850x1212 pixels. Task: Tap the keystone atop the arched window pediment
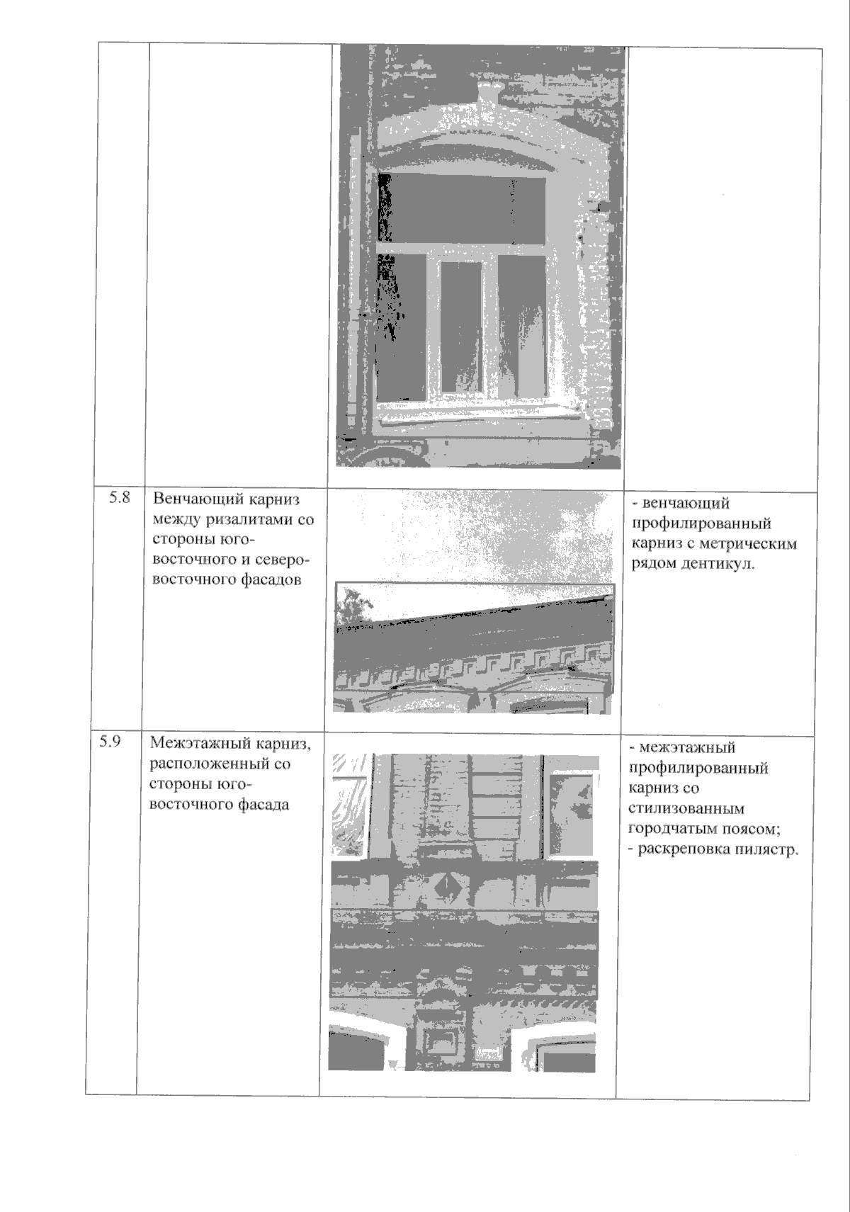click(x=488, y=92)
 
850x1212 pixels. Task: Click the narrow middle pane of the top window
click(x=460, y=326)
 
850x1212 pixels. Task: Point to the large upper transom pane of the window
click(x=464, y=209)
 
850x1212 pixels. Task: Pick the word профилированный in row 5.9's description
click(x=698, y=768)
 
